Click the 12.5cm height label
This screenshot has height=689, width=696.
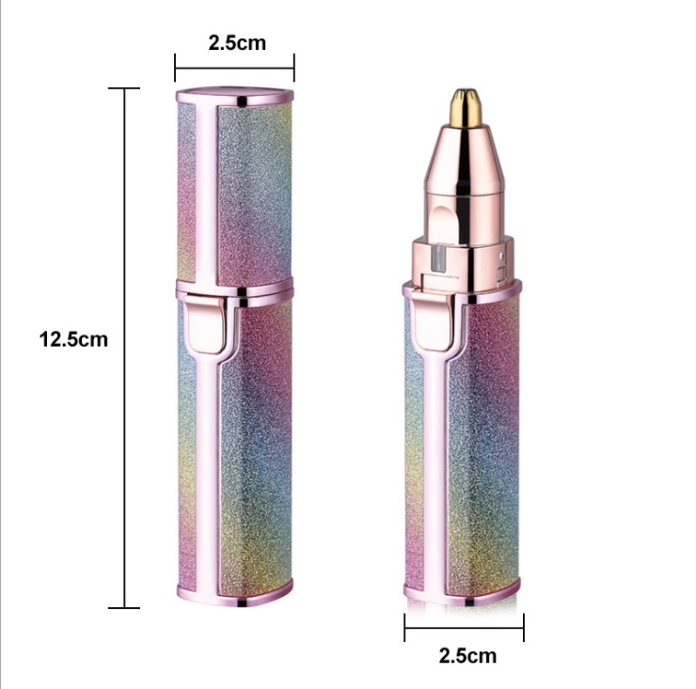pyautogui.click(x=73, y=339)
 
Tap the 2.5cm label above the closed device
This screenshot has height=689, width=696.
pyautogui.click(x=237, y=43)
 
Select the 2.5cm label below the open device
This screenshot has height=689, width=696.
pyautogui.click(x=467, y=655)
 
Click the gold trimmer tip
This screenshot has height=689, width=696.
pyautogui.click(x=466, y=107)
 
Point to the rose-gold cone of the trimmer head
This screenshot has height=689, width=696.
pyautogui.click(x=465, y=160)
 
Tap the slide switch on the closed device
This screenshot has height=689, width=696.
pyautogui.click(x=205, y=325)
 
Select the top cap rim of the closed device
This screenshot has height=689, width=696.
pyautogui.click(x=235, y=97)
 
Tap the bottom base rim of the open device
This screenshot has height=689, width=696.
pyautogui.click(x=463, y=595)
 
